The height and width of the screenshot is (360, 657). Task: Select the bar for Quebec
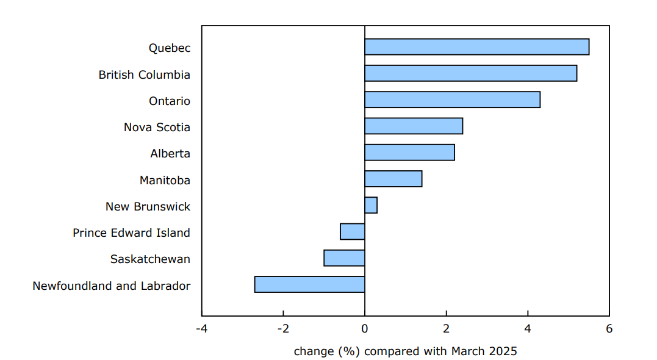click(476, 47)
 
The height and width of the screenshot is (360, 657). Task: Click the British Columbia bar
click(470, 73)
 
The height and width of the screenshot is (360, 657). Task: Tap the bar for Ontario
click(452, 99)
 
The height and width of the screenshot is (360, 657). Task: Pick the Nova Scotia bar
click(414, 126)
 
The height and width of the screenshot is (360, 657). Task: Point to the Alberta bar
click(409, 152)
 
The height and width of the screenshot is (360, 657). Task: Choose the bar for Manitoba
click(393, 179)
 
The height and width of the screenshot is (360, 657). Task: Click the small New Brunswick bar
click(371, 205)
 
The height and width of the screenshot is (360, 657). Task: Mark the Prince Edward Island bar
click(353, 231)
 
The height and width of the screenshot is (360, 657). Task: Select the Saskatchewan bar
click(344, 258)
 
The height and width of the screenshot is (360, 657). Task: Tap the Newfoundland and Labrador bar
click(309, 284)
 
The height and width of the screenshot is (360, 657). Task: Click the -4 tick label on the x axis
click(201, 329)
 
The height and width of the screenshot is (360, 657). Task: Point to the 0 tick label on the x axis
click(365, 329)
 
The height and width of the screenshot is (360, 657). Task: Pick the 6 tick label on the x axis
click(609, 329)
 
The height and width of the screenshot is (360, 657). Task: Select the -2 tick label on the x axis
click(283, 329)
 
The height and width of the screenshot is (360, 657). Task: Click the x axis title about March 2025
click(405, 351)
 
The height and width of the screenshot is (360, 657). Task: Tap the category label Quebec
click(170, 48)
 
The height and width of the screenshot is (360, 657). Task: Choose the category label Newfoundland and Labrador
click(112, 286)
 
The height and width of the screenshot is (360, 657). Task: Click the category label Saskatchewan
click(150, 259)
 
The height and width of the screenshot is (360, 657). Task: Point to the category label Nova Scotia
click(157, 128)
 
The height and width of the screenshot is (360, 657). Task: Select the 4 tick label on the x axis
click(528, 329)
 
